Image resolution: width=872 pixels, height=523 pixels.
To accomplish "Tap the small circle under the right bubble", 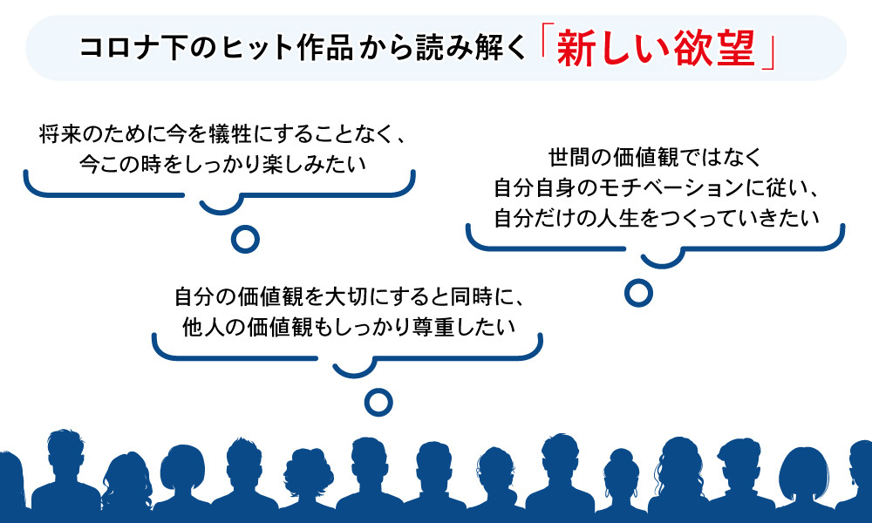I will point(639,292).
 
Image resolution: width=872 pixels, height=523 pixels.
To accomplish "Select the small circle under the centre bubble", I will point(378,401).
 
